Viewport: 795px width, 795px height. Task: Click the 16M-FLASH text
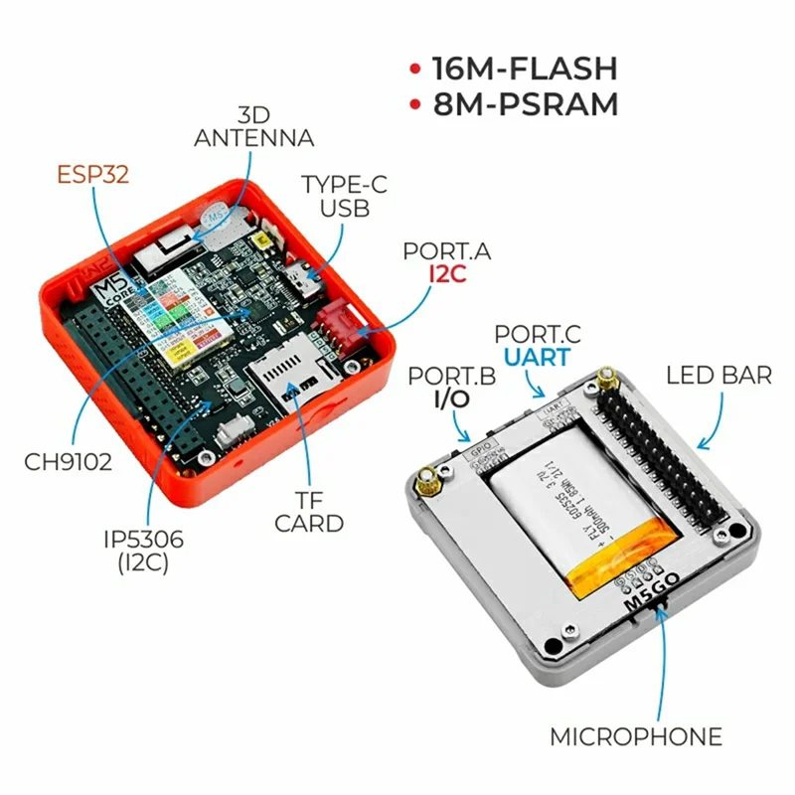525,69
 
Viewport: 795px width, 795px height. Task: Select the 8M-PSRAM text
525,103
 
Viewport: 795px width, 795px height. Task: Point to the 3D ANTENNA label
253,126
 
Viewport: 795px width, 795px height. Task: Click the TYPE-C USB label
336,196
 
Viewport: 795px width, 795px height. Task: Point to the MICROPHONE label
636,737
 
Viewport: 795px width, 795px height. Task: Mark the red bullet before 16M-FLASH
414,70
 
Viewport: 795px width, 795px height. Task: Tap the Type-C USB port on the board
300,277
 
